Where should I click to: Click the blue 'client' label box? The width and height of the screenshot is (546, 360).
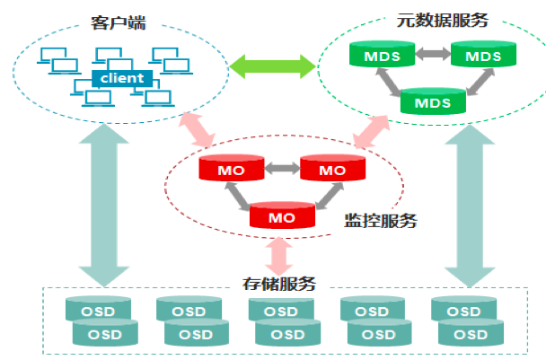[x=122, y=78]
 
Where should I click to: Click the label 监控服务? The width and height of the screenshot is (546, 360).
[x=381, y=219]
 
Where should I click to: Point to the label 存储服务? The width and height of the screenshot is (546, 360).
[x=279, y=284]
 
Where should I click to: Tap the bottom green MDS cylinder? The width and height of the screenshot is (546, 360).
[x=433, y=101]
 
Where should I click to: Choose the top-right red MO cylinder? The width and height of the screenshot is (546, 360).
[x=332, y=170]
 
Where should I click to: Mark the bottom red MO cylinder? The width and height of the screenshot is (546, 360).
[x=282, y=216]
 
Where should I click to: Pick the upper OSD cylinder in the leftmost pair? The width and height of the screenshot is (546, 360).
[x=97, y=311]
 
